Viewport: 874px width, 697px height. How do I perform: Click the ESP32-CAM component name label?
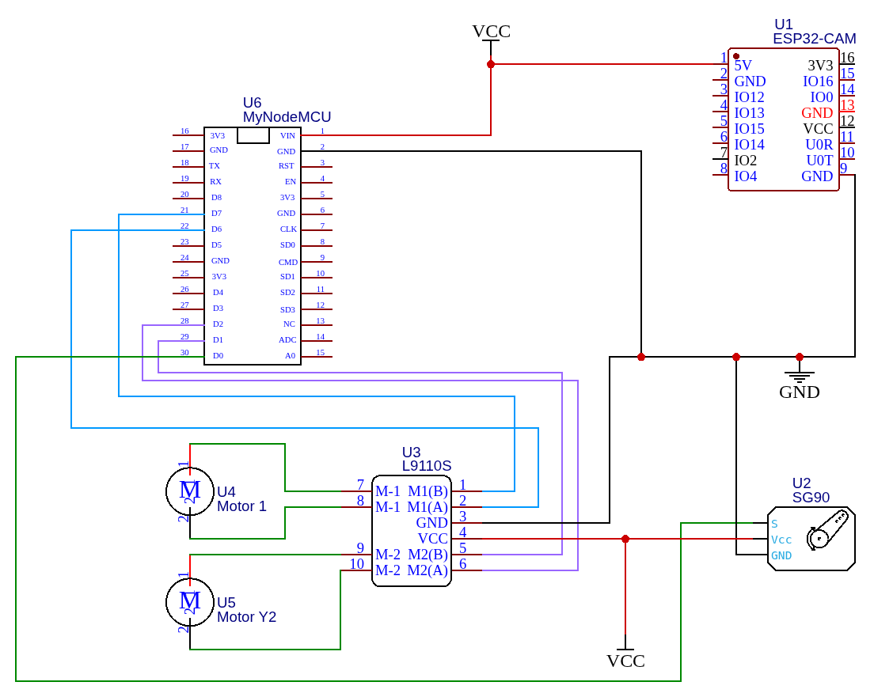tap(814, 39)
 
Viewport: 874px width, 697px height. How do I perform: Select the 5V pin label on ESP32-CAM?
tap(743, 65)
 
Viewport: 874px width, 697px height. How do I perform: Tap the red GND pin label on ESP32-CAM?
tap(817, 113)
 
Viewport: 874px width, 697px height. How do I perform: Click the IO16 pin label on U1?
tap(818, 81)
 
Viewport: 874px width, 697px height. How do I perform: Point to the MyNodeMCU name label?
tap(287, 117)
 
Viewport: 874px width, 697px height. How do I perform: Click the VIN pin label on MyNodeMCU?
tap(287, 135)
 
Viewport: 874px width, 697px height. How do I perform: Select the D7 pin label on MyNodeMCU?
tap(216, 214)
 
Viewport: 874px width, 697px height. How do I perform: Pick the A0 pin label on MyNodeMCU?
tap(290, 356)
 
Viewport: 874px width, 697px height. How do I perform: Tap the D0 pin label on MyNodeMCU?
tap(217, 356)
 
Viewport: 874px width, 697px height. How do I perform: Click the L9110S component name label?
tap(426, 466)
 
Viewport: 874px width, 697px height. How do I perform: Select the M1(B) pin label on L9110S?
tap(427, 491)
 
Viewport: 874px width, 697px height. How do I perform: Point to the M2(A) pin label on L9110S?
tap(427, 570)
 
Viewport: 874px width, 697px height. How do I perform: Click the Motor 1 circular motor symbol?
tap(190, 491)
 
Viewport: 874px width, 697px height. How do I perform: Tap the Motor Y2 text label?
tap(246, 617)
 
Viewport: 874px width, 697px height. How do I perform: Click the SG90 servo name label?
tap(811, 498)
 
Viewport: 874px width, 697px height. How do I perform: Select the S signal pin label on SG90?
tap(774, 524)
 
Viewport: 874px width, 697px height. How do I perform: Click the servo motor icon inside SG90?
tap(826, 529)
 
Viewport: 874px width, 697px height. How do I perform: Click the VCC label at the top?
tap(491, 32)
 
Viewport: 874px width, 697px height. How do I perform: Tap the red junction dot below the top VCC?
tap(491, 64)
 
